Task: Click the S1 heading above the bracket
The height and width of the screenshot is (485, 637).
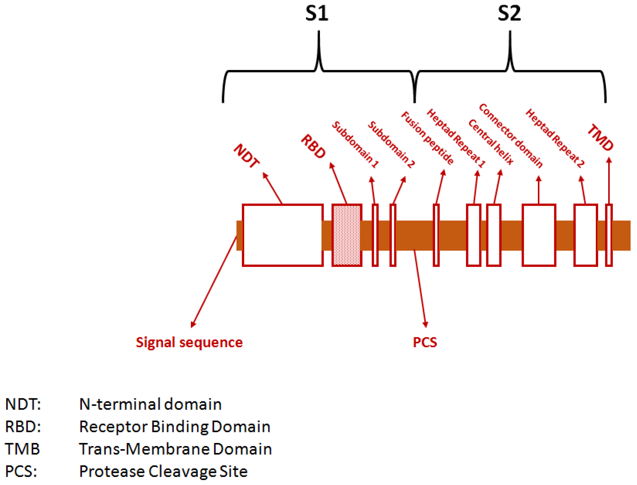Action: [317, 14]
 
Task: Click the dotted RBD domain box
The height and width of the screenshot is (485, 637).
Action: [347, 235]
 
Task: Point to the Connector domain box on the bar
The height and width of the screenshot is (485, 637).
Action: [539, 235]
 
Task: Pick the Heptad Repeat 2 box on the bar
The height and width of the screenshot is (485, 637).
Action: [586, 235]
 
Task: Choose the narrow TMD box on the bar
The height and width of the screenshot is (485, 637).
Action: [609, 235]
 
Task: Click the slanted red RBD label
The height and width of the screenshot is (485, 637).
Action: [314, 146]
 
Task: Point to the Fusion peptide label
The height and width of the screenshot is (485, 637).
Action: [427, 138]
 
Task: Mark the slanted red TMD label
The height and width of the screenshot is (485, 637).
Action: [601, 137]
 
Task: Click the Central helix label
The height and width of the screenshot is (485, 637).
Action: [491, 142]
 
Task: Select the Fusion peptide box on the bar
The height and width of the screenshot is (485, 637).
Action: [436, 235]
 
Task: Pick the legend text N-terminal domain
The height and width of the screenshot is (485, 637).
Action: [150, 404]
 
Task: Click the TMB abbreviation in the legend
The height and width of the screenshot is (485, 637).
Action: [22, 449]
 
